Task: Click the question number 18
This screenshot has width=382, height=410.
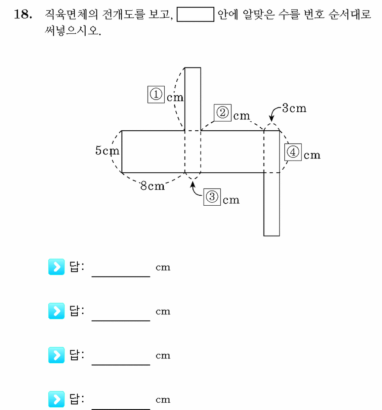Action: pos(23,14)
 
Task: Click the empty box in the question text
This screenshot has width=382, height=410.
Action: pos(195,14)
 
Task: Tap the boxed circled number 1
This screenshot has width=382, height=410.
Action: pos(156,94)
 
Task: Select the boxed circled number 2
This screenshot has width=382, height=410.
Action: pos(223,113)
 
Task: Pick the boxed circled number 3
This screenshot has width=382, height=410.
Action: pos(212,197)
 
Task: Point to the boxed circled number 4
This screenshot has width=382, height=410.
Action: pos(293,152)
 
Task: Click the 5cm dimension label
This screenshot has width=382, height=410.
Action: pos(107,151)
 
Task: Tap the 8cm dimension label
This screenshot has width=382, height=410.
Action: pos(153,186)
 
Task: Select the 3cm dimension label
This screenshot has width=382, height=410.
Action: pos(294,108)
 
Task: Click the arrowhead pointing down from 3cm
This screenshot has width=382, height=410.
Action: pos(271,118)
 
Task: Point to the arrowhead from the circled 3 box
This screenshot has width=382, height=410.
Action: pos(193,184)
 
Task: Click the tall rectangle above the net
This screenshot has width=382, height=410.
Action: pos(193,99)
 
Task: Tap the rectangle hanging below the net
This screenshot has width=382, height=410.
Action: pos(272,204)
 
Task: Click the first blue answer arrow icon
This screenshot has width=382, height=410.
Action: pos(56,267)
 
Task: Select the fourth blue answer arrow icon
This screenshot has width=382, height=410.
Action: pos(56,399)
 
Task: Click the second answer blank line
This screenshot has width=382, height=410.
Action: pos(121,320)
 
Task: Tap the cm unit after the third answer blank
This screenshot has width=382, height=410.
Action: pos(163,355)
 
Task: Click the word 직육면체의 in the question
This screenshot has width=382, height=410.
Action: pos(71,14)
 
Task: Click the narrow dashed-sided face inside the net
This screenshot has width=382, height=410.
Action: pos(193,152)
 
